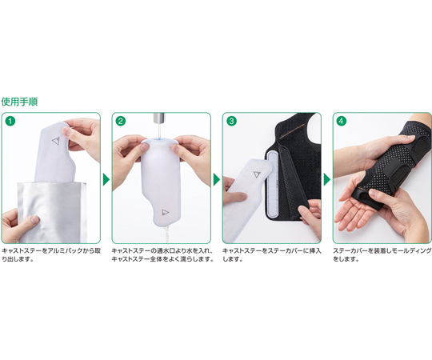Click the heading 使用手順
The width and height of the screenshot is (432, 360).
tap(19, 102)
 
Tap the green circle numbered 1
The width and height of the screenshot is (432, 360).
tap(10, 121)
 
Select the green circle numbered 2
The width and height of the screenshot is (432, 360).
tap(121, 121)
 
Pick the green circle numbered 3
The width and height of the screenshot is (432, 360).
tap(231, 121)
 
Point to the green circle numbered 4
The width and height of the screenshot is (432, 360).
tap(342, 121)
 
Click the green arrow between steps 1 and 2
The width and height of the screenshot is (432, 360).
tap(106, 179)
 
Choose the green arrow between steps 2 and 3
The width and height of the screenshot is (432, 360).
tap(217, 179)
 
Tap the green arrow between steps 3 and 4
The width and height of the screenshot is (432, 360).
tap(326, 179)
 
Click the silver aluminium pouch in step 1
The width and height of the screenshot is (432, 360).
tap(52, 212)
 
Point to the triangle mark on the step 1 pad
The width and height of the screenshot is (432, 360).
tap(56, 141)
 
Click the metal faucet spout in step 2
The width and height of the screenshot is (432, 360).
tap(158, 117)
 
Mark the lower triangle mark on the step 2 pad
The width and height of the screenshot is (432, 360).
tap(165, 212)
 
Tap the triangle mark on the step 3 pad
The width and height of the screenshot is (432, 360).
tap(257, 174)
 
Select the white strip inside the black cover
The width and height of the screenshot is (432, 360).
tap(272, 184)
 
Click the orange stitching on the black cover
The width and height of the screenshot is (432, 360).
tap(292, 131)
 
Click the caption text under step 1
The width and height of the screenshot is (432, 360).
tap(51, 254)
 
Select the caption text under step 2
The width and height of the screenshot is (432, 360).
tap(162, 254)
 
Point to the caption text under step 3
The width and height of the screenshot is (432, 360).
tap(272, 254)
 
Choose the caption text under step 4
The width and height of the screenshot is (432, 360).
tap(382, 254)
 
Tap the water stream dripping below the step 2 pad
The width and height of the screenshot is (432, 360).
tap(166, 234)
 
